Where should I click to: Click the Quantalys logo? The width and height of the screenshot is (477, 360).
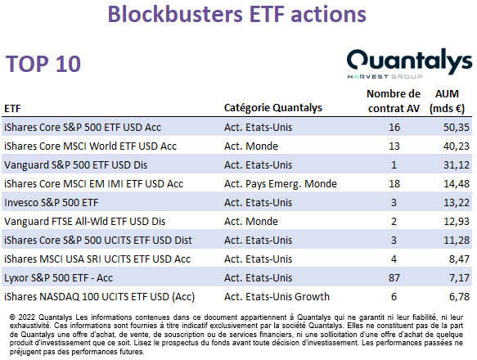pos(409,64)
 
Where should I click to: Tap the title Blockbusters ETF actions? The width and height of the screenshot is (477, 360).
pos(237,14)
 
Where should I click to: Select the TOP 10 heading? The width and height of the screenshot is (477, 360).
pos(43,64)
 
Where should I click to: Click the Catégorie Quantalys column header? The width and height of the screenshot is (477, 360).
pos(273,108)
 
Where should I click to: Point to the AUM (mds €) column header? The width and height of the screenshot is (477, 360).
pos(447,101)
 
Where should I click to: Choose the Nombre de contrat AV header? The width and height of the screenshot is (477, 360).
pos(394,101)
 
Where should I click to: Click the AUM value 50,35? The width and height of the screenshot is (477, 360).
pos(457,127)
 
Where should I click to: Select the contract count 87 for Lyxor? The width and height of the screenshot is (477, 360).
pos(394,278)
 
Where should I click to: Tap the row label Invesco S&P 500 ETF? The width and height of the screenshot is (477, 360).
pos(52,203)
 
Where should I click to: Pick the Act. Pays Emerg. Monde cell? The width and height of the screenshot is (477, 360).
pos(281,184)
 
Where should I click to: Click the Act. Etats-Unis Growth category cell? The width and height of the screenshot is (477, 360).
pos(277,297)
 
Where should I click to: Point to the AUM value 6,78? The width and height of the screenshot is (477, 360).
pos(459,297)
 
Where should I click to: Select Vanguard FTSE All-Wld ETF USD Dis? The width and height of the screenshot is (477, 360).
pos(84,222)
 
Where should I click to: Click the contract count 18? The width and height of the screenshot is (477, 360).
pos(394,184)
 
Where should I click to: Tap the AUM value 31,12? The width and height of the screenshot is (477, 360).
pos(457,165)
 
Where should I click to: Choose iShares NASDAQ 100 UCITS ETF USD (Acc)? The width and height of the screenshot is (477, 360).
pos(100,297)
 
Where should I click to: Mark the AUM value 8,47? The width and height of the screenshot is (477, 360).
pos(459,259)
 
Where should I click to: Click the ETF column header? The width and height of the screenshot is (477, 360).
pos(12,109)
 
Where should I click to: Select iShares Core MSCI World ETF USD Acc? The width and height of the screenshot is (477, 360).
pos(90,146)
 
